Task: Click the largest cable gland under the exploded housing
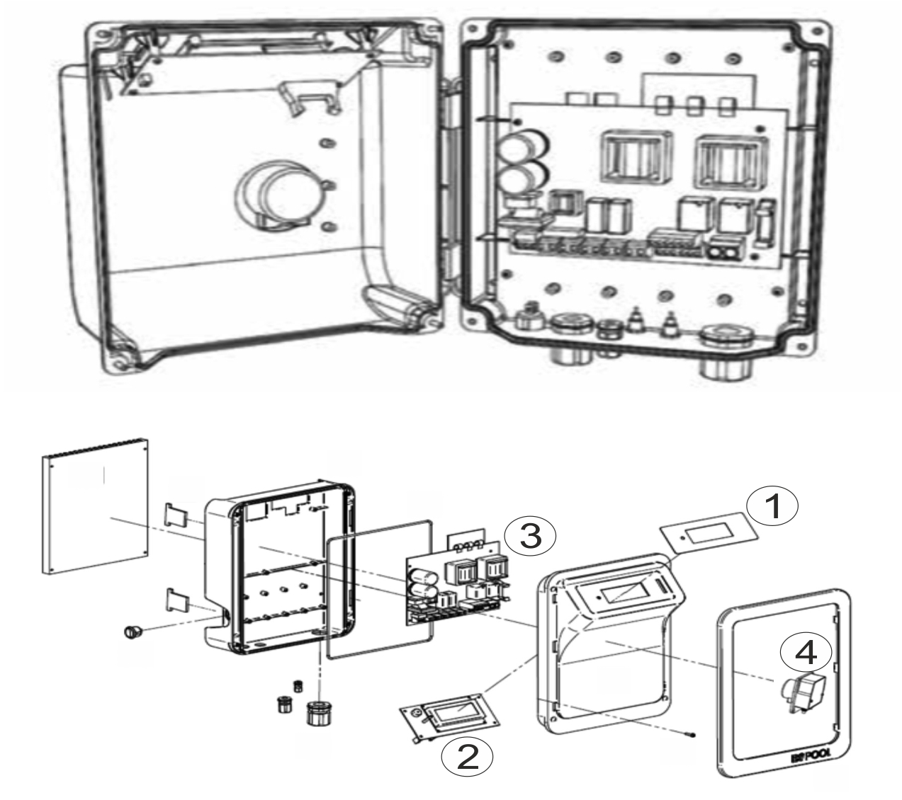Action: pos(318,712)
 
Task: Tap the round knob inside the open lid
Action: pos(278,193)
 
